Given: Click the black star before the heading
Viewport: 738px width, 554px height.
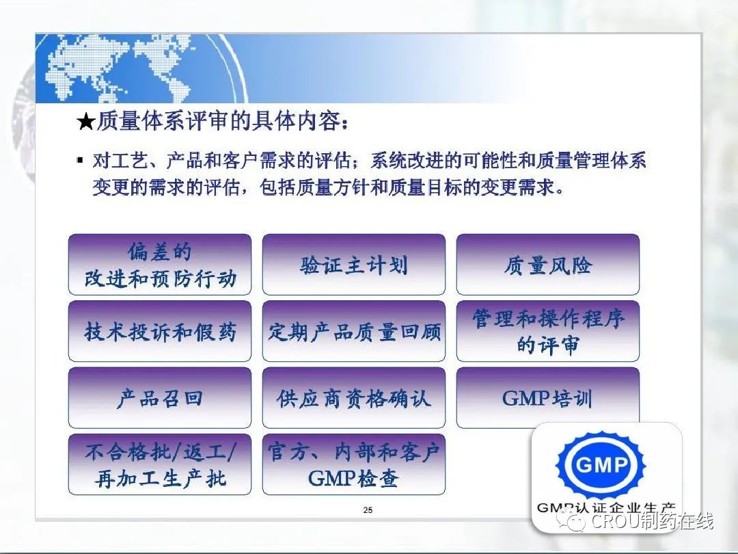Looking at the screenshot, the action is tap(86, 122).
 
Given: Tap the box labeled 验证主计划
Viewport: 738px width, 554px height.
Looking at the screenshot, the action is tap(353, 264).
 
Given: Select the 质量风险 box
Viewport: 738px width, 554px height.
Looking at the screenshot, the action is tap(548, 264).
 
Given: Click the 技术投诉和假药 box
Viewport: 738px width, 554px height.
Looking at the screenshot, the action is tap(159, 331).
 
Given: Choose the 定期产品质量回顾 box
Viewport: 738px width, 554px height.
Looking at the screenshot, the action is tap(353, 331).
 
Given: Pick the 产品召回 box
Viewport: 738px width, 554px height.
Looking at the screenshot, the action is tap(159, 398).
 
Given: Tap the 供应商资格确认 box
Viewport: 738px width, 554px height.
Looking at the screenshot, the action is tap(353, 398).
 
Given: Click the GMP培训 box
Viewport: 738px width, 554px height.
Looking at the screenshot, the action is tap(548, 398).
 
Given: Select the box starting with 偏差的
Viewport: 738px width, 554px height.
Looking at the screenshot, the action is tap(159, 264).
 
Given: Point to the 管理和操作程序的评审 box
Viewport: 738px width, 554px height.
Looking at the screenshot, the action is tap(548, 331).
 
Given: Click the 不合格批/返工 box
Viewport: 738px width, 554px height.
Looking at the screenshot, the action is tap(159, 464).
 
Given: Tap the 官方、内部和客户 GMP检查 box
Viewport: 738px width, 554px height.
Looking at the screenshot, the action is tap(353, 464).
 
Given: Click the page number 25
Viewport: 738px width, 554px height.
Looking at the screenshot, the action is tap(368, 510).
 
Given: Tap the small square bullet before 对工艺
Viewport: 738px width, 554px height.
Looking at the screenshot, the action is tap(80, 160).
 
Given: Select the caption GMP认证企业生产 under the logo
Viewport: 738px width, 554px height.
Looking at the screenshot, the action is tap(605, 507).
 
